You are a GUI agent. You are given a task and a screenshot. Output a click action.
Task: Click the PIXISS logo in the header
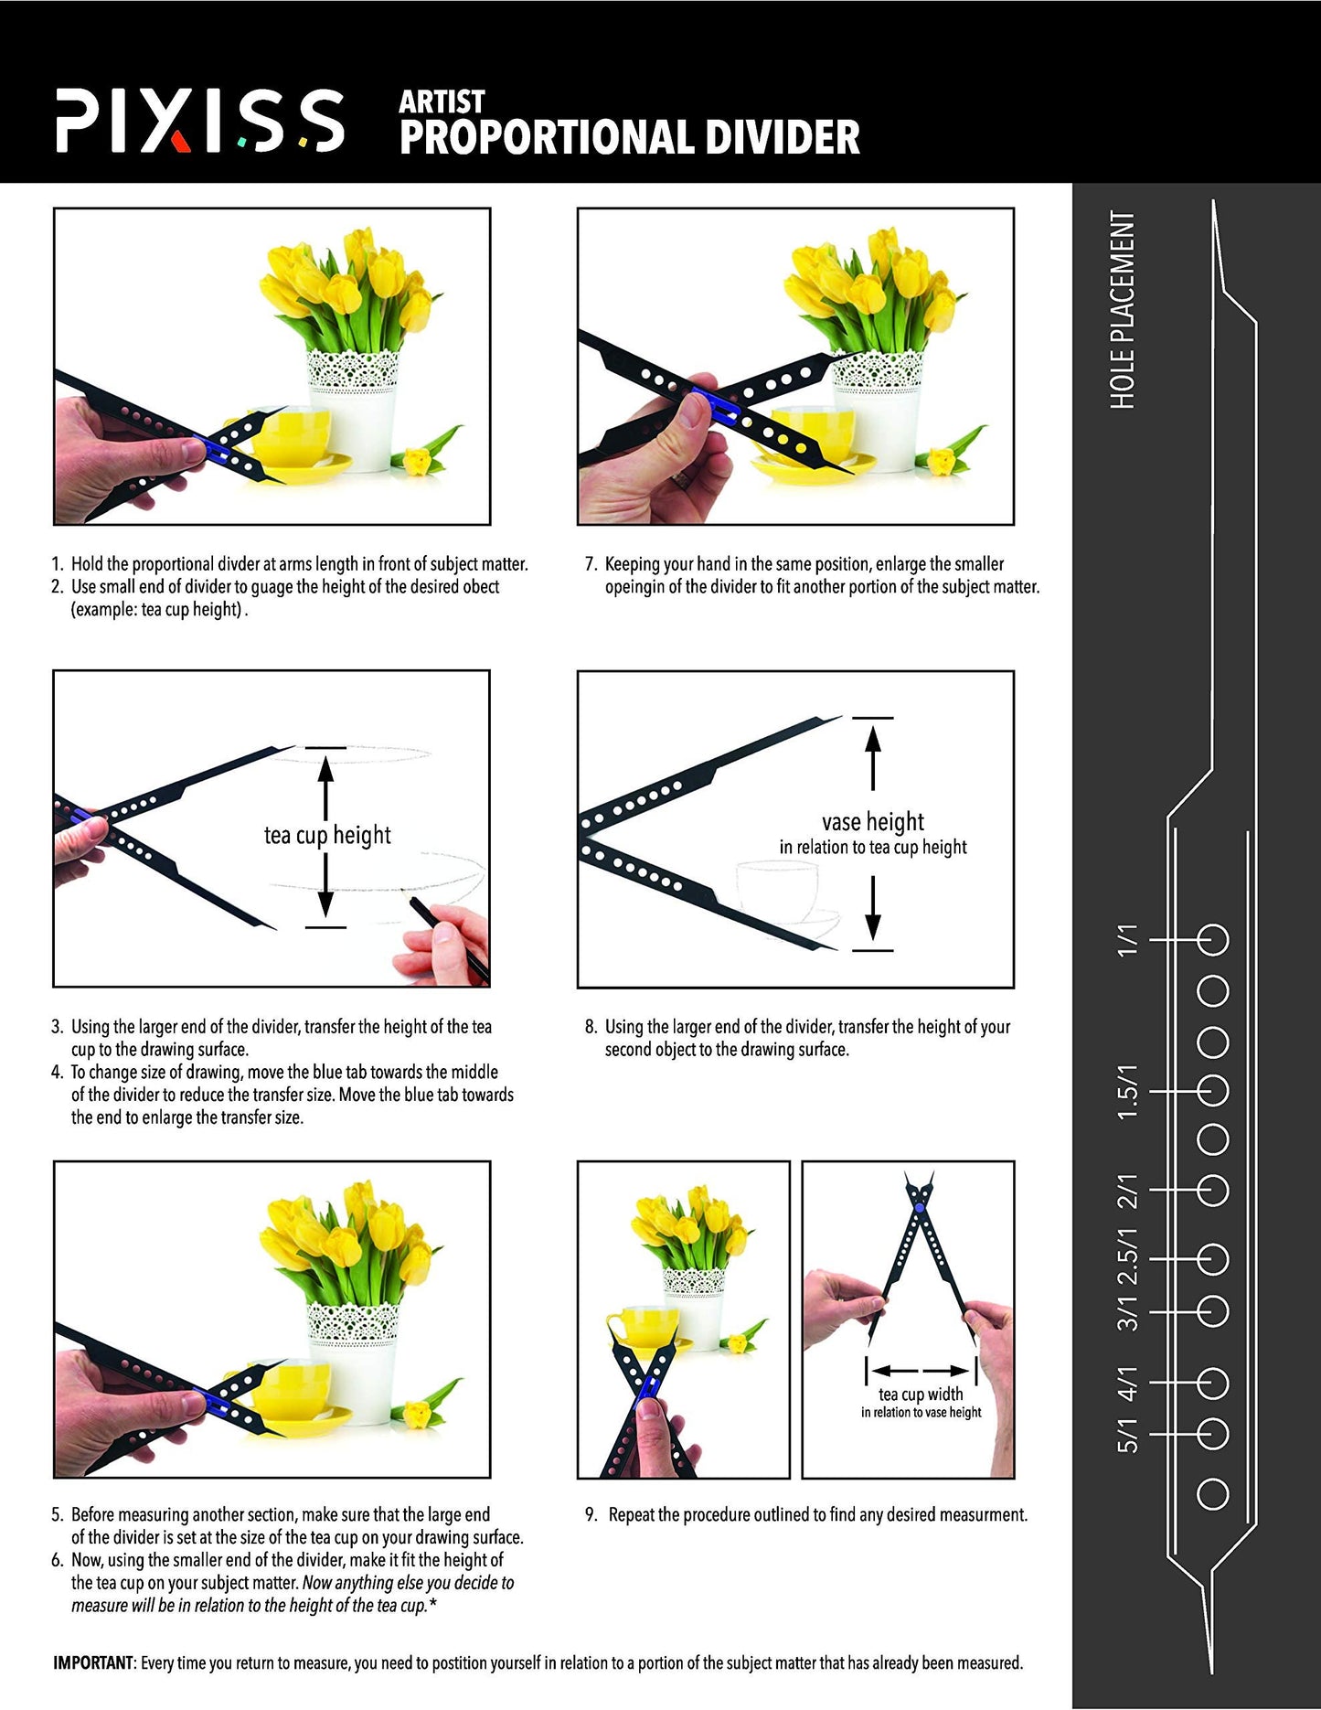[199, 121]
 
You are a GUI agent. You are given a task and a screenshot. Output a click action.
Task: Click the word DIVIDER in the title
[783, 137]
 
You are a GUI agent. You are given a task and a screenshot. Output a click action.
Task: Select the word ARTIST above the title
[442, 102]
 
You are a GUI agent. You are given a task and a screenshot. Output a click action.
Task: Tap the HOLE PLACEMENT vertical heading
[1123, 310]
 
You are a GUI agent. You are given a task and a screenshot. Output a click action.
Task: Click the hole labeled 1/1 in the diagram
[1212, 940]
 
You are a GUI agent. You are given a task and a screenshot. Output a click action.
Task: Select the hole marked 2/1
[1212, 1191]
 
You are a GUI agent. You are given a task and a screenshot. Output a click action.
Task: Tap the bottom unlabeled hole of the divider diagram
[1212, 1494]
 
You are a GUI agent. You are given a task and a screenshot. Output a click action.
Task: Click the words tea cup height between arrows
[327, 835]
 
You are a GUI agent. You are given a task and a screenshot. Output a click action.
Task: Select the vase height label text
[872, 821]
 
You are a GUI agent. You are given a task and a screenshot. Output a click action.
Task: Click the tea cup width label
[921, 1395]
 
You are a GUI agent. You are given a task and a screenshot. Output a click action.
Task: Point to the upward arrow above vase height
[873, 755]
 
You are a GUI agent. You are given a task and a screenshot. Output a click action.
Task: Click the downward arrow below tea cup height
[325, 891]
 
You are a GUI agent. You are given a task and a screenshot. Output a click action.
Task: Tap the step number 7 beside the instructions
[591, 564]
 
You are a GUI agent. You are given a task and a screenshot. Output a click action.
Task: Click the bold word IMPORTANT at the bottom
[93, 1662]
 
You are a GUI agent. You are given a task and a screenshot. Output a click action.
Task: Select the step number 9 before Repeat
[591, 1515]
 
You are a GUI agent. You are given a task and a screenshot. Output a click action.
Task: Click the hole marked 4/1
[1212, 1384]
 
